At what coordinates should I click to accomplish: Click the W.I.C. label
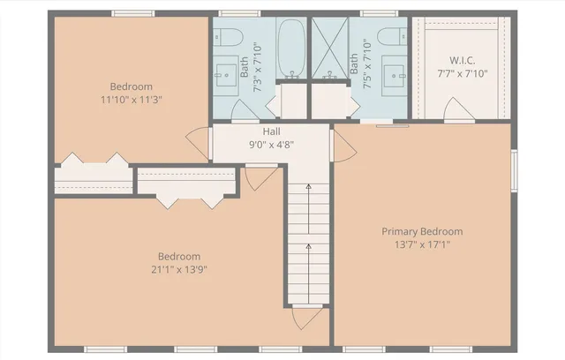(463, 60)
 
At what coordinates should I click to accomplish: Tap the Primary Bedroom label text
(422, 231)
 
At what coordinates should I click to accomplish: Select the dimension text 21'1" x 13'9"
(179, 269)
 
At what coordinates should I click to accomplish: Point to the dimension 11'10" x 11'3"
(131, 100)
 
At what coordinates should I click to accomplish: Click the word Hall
(271, 131)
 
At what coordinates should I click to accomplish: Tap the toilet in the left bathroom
(232, 37)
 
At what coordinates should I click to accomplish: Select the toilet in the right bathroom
(389, 37)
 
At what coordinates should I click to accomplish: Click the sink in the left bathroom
(233, 68)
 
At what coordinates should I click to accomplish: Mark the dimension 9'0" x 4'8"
(271, 145)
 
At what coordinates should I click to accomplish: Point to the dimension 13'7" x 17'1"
(422, 244)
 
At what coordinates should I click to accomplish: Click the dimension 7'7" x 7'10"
(463, 73)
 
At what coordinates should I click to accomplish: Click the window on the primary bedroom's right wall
(515, 169)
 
